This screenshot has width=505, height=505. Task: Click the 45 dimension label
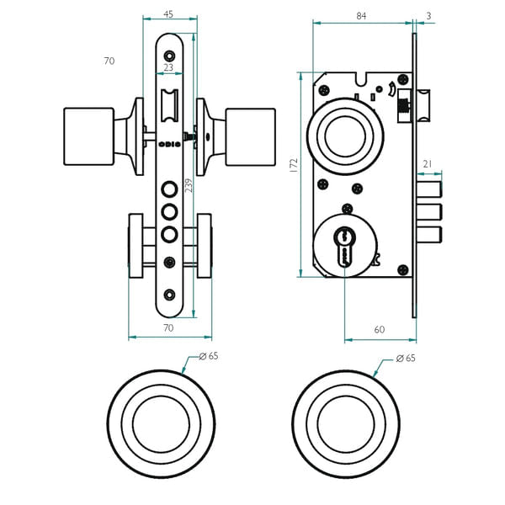pos(168,14)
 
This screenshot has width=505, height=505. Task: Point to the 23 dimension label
pos(168,67)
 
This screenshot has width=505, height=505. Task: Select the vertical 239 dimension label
pos(189,185)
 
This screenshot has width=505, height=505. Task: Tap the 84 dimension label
pos(361,15)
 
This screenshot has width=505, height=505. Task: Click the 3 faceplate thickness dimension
pos(428,15)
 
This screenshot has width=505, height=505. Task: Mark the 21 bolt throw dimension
pos(428,163)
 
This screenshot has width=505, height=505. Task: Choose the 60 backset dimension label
pos(379,329)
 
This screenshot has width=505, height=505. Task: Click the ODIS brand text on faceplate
pos(168,144)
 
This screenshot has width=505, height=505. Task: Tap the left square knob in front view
pos(88,136)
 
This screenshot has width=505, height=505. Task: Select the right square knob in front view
pos(250,136)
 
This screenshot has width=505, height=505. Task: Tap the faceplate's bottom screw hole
pos(169,294)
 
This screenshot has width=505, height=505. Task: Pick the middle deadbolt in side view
pos(429,210)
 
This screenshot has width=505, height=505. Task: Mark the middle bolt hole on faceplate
pos(169,210)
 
